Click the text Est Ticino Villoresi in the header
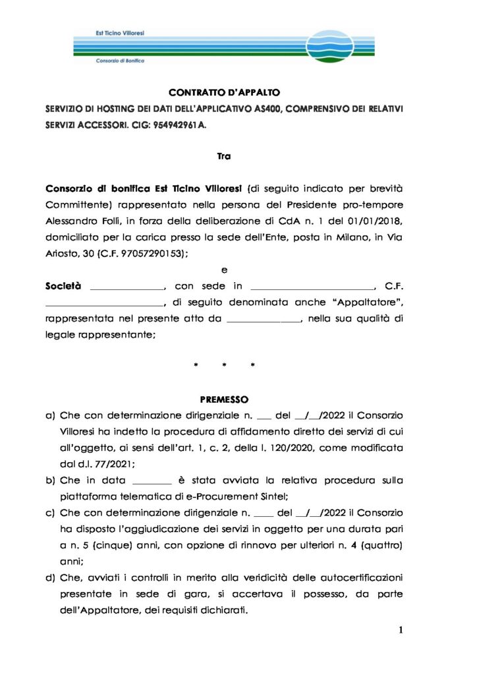(117, 32)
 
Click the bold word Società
(63, 286)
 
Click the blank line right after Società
(126, 287)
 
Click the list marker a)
(50, 416)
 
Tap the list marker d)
(50, 577)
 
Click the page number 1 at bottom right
(401, 630)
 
